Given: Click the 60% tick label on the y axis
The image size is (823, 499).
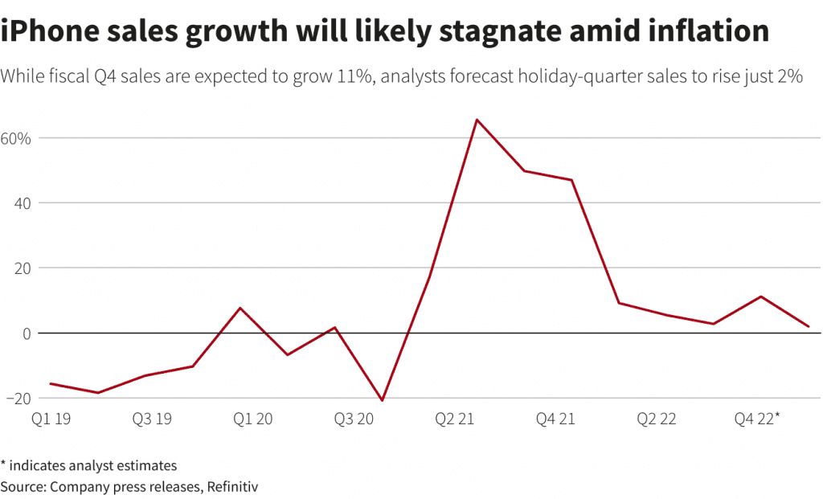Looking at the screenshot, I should [15, 138].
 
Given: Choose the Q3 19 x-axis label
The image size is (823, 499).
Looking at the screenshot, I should [152, 419].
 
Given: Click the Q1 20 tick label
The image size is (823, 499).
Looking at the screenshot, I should [252, 419].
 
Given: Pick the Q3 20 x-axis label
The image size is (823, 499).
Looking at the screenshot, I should [354, 419].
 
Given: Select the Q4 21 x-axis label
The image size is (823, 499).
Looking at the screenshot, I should [556, 419].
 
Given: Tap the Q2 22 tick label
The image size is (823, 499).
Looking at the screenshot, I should [657, 419].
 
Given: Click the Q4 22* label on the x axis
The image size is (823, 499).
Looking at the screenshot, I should [758, 419].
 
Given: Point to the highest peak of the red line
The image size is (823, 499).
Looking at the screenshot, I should [477, 120].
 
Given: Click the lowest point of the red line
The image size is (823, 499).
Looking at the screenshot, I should [382, 400].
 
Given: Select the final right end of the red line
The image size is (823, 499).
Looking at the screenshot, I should [809, 326].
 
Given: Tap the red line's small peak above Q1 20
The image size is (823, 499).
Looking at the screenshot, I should [240, 308].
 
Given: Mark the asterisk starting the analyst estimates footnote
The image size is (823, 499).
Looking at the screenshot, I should [4, 464].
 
